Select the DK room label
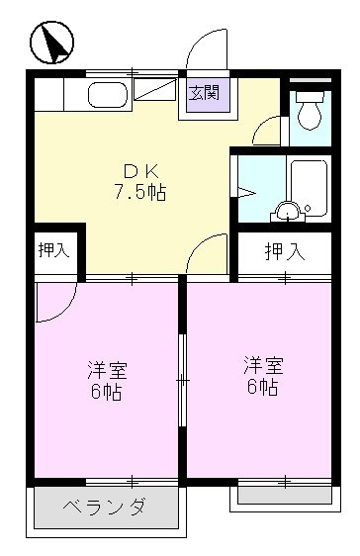click(x=136, y=169)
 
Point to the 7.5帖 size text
click(x=137, y=192)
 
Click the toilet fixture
click(x=309, y=112)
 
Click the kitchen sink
click(x=105, y=96)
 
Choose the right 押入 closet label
click(x=285, y=251)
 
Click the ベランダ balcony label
click(x=108, y=510)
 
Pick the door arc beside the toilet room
click(x=267, y=130)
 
